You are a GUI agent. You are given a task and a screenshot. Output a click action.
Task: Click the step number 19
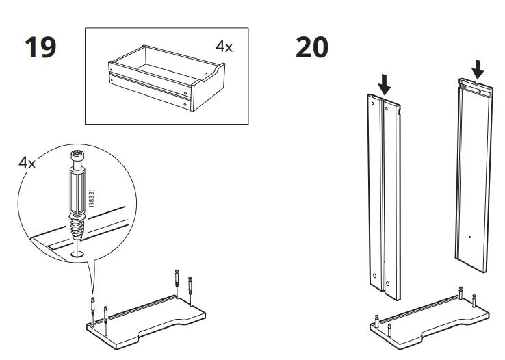coord(40,48)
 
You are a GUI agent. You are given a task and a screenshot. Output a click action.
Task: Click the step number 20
coord(311,48)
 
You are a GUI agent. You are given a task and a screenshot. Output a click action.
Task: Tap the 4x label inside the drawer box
coord(224,47)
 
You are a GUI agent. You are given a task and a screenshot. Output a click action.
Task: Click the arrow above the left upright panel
coord(385,83)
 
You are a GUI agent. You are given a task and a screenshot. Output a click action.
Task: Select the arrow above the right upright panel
coord(478,68)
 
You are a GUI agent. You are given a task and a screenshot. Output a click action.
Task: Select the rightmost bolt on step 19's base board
coord(191,285)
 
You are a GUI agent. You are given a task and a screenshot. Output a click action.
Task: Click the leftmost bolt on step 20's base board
coord(376,319)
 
